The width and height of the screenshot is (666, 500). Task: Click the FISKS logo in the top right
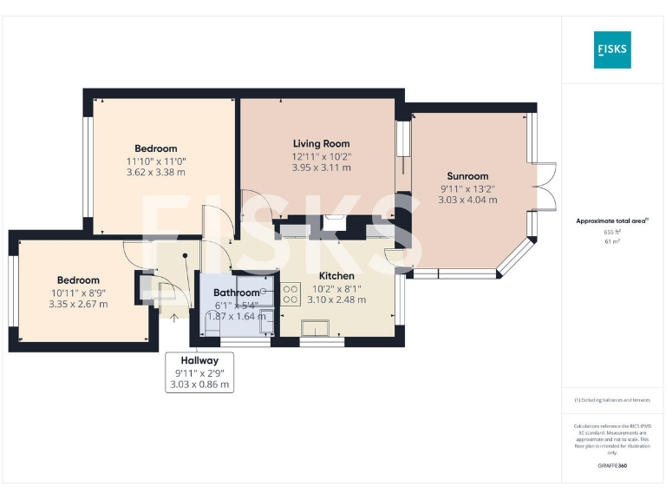(612, 50)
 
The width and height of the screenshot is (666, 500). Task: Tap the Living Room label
(321, 143)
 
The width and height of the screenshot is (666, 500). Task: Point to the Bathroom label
(237, 293)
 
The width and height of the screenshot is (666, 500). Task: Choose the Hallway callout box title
(199, 360)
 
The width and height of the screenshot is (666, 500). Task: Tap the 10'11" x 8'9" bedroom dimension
(78, 293)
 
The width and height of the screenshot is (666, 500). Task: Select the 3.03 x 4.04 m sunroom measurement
(468, 200)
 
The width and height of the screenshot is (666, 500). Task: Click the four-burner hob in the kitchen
(290, 293)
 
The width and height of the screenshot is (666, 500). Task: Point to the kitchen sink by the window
(314, 327)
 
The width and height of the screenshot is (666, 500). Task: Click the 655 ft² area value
(612, 233)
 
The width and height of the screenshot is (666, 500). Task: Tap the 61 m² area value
(612, 242)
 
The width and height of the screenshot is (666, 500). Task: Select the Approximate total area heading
(612, 221)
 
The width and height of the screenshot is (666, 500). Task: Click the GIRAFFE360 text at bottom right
(612, 467)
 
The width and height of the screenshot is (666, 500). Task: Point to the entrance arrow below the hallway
(173, 318)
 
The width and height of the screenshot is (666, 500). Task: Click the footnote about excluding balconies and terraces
(612, 400)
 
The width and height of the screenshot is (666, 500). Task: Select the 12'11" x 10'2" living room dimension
(321, 156)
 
